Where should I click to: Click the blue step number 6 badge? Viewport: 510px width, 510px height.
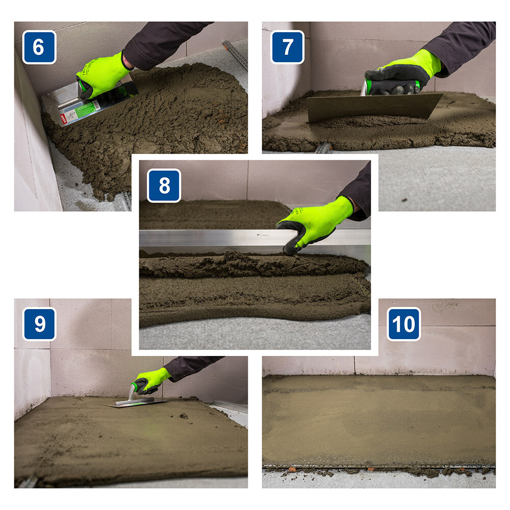[x=39, y=47]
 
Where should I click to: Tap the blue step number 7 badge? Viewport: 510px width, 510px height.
[x=287, y=47]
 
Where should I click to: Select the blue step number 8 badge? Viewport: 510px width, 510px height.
[x=164, y=186]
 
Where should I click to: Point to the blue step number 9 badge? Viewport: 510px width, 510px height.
[x=39, y=324]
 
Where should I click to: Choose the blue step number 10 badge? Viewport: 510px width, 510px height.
[x=403, y=324]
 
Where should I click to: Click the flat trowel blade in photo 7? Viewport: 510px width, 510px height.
[x=374, y=107]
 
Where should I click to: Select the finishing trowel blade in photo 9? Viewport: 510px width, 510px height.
[x=137, y=403]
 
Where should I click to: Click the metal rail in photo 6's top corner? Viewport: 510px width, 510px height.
[x=235, y=54]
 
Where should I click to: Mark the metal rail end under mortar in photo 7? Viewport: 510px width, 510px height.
[x=323, y=148]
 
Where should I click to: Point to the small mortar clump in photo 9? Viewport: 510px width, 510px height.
[x=184, y=416]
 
